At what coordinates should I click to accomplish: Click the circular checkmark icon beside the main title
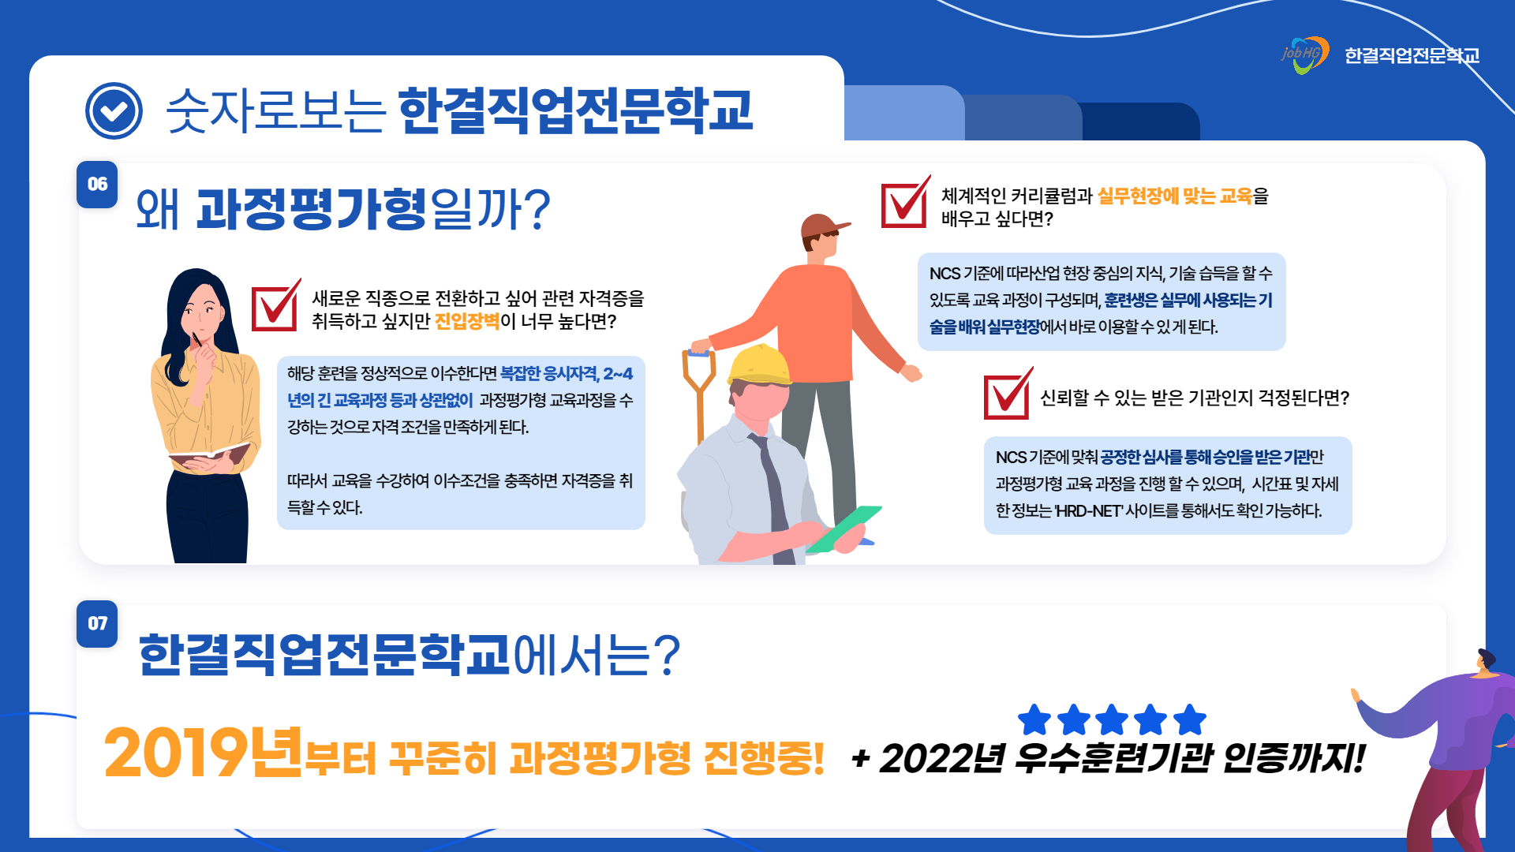[114, 110]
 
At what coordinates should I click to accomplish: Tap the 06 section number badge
[97, 185]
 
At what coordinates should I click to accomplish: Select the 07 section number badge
[97, 624]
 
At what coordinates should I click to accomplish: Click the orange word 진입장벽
[467, 321]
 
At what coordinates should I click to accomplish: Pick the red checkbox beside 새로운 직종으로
[275, 306]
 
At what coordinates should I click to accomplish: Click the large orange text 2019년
[204, 753]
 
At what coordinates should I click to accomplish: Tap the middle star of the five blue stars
[1112, 719]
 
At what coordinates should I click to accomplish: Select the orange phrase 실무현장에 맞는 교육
[1175, 196]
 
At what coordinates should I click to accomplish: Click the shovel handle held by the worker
[699, 394]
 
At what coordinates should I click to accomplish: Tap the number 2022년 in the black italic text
[943, 759]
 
